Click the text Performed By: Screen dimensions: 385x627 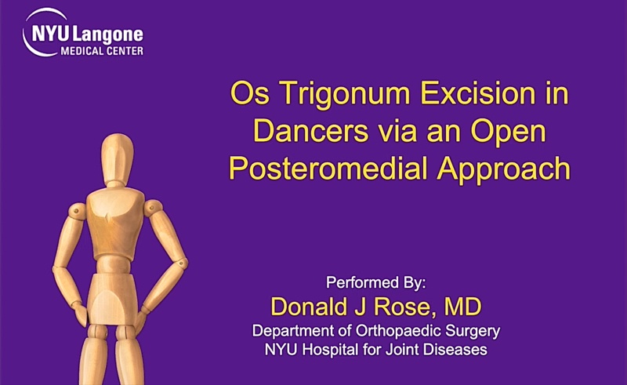pos(380,281)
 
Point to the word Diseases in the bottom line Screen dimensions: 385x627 pos(455,349)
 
